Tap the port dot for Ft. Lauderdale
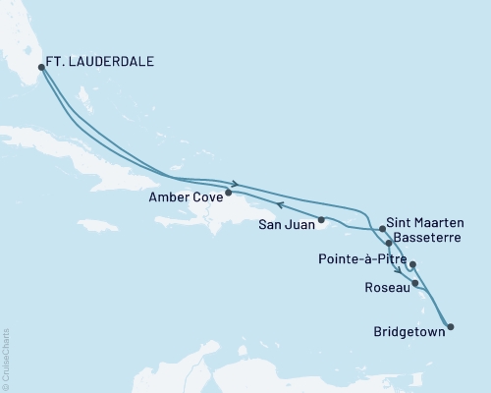41,68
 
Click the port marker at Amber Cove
229,193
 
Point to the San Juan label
286,223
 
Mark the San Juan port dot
322,218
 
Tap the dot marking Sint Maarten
382,228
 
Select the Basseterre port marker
390,242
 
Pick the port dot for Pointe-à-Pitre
413,264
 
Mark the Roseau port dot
417,284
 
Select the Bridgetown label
407,331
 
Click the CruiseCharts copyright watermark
6,360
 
